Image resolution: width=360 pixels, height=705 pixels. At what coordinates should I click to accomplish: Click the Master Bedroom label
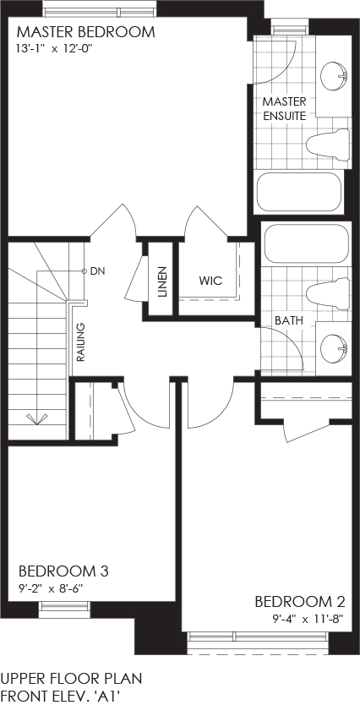(x=86, y=32)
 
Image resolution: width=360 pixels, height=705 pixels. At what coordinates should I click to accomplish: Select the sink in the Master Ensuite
(x=335, y=76)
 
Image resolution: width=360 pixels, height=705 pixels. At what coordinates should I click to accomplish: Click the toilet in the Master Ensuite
(x=328, y=144)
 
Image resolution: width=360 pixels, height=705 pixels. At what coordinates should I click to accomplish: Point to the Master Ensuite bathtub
(x=299, y=193)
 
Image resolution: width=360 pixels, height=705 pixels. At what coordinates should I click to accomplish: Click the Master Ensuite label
(x=285, y=108)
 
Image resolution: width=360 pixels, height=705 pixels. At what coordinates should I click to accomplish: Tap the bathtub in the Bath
(x=307, y=245)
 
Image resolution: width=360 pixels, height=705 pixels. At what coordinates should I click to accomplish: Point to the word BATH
(x=289, y=321)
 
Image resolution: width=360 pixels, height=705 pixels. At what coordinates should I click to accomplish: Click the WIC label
(x=210, y=281)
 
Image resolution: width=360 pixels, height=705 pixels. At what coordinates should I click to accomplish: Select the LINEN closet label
(x=162, y=282)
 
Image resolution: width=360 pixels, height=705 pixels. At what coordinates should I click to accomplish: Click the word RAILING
(x=81, y=342)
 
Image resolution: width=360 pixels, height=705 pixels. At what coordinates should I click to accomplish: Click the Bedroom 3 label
(x=63, y=571)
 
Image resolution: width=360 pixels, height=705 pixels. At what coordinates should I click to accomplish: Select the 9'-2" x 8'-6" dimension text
(x=52, y=588)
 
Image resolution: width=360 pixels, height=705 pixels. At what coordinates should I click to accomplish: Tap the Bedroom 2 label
(x=300, y=602)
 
